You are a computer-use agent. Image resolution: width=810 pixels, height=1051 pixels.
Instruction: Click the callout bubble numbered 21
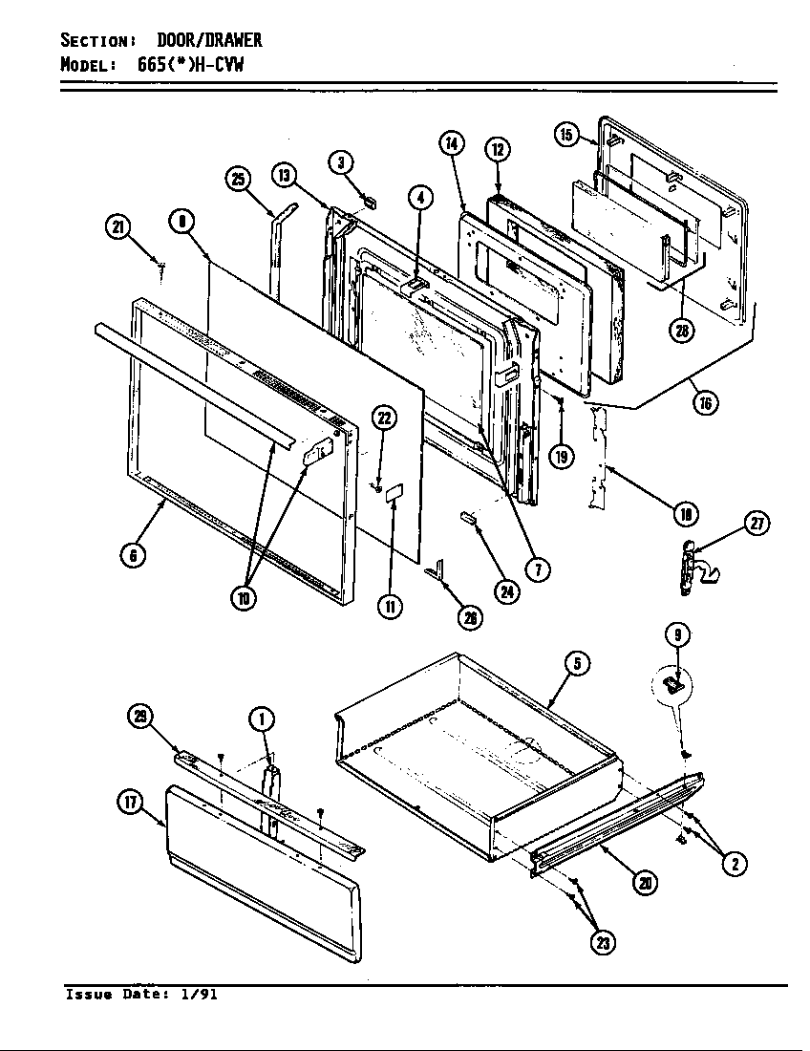tap(116, 226)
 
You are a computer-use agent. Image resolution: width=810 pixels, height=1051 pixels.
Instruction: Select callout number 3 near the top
tap(341, 161)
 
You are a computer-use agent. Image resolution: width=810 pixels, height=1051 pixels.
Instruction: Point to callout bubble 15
tap(566, 134)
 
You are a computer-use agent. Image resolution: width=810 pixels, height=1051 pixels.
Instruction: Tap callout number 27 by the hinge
tap(757, 524)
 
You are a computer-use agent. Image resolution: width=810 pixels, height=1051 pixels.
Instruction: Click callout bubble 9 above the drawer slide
tap(676, 633)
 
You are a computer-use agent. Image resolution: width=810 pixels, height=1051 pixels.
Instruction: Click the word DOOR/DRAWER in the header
tap(209, 40)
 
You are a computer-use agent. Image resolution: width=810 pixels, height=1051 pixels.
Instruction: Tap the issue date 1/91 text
tap(199, 995)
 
